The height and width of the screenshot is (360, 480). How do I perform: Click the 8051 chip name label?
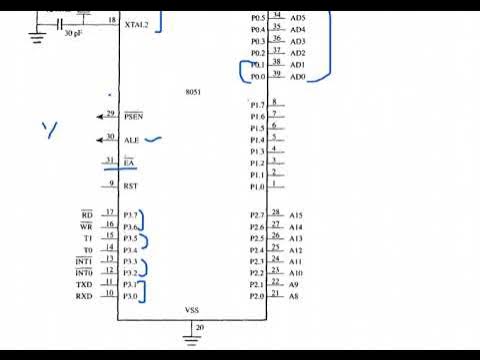point(194,92)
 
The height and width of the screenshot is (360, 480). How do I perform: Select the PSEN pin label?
point(133,116)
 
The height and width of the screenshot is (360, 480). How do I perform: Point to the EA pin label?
point(128,162)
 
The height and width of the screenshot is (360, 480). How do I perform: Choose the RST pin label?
point(130,186)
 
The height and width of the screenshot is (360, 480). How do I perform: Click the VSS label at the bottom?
point(193,310)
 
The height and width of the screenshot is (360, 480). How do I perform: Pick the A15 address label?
point(296,215)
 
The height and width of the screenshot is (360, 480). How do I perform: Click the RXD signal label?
point(84,296)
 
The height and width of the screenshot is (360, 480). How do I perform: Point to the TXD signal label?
point(84,285)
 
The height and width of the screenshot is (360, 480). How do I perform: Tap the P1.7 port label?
point(257,105)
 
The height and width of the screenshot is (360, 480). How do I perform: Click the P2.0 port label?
point(257,296)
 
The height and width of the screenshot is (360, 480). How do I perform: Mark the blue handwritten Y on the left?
point(48,129)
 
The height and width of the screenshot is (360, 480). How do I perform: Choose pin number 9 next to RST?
point(110,183)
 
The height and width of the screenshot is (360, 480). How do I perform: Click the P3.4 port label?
point(131,250)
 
